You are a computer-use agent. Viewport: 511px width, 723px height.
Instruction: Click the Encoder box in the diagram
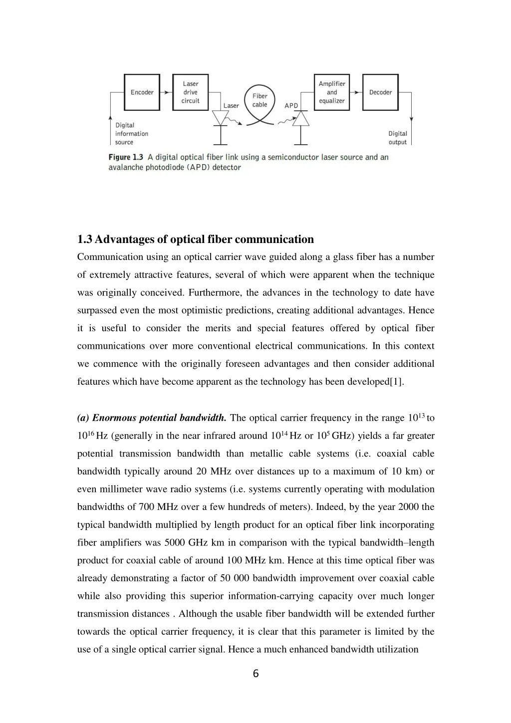tap(142, 92)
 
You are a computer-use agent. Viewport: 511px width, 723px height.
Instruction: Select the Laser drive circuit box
tap(190, 92)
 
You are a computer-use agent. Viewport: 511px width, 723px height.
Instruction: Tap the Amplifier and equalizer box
tap(332, 92)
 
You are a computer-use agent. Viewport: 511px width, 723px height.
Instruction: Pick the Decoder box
tap(380, 92)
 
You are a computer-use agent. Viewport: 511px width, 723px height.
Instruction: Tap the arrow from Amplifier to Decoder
tap(356, 92)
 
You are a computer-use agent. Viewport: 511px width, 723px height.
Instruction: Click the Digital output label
tap(398, 138)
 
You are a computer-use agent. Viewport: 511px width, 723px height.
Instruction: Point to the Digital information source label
tap(132, 134)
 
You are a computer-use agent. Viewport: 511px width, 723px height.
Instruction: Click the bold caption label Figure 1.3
tap(126, 157)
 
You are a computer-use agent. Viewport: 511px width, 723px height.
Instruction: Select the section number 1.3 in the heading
tap(85, 240)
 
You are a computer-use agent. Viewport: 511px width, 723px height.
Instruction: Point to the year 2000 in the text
tap(409, 507)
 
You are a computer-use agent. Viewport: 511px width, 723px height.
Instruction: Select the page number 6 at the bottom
tap(255, 674)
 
